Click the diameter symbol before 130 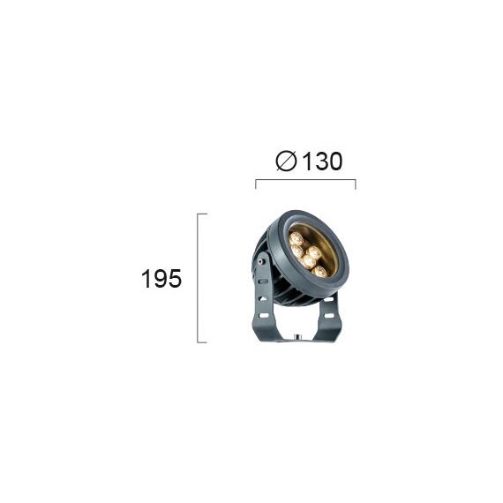point(286,161)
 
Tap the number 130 point(322,161)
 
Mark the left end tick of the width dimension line point(256,184)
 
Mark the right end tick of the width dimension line point(355,184)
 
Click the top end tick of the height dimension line point(202,214)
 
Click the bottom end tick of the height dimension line point(202,342)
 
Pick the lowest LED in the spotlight point(320,272)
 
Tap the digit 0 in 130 point(334,161)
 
